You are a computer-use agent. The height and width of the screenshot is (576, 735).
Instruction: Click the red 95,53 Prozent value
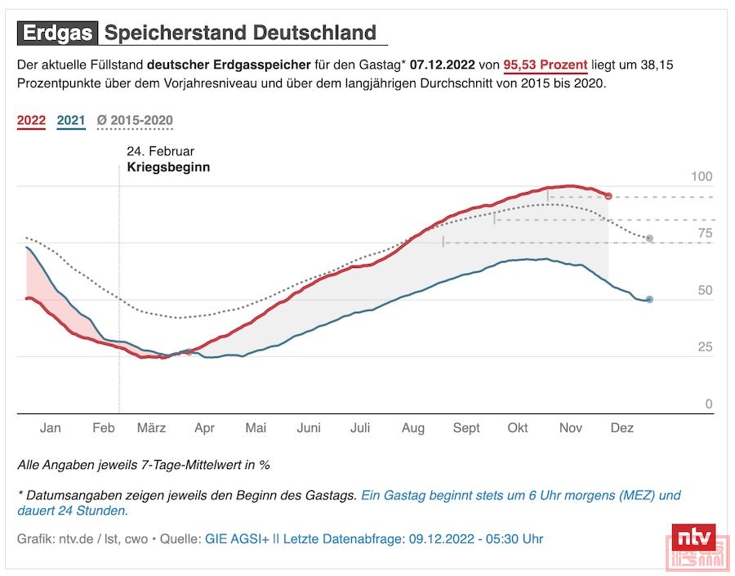click(546, 65)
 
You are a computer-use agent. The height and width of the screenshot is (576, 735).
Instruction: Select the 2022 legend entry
click(32, 121)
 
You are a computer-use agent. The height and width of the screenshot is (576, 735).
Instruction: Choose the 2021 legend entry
click(71, 121)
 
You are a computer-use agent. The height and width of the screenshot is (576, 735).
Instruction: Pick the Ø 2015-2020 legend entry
click(135, 121)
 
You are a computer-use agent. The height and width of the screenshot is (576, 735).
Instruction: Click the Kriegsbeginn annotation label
click(168, 167)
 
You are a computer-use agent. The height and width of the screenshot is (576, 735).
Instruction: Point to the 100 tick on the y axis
click(702, 177)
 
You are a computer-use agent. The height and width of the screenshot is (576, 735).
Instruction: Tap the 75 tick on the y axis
click(705, 234)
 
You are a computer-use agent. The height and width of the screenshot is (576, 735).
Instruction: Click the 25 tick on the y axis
click(705, 347)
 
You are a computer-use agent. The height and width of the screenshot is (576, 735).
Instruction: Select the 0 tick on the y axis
click(708, 404)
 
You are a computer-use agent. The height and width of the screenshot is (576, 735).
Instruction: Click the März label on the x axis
click(152, 428)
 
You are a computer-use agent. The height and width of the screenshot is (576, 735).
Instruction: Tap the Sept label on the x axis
click(466, 428)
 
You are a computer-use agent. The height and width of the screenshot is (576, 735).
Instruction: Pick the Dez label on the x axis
click(622, 428)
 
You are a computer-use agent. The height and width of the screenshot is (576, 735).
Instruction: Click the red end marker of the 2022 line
click(608, 196)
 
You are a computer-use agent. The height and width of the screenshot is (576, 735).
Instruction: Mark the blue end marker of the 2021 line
click(649, 300)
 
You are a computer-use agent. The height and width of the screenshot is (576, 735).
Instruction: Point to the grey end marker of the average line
click(649, 239)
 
